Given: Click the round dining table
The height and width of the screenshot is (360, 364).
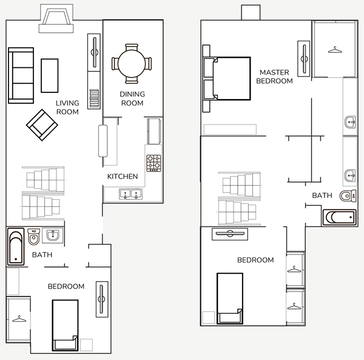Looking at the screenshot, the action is (x=132, y=63).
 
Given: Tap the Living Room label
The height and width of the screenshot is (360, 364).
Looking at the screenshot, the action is (x=67, y=107).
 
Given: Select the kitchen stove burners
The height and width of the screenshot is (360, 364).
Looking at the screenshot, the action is (x=153, y=163).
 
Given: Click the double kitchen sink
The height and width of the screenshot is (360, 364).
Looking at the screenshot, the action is (x=130, y=194).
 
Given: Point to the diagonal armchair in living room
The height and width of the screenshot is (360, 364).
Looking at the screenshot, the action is (x=42, y=125).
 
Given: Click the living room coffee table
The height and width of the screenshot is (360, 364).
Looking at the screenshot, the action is (x=50, y=75).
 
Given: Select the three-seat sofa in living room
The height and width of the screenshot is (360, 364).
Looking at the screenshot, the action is (x=21, y=75).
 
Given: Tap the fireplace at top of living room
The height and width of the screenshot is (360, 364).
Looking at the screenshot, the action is (x=56, y=19).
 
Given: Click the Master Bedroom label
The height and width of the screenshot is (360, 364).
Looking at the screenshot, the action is (x=274, y=76).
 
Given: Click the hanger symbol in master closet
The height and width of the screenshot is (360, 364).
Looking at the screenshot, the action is (x=335, y=50).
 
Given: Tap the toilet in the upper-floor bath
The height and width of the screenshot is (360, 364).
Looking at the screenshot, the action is (x=348, y=196).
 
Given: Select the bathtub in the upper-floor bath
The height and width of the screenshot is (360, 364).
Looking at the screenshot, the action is (x=339, y=217).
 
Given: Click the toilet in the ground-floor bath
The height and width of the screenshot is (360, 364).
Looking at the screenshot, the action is (x=34, y=237).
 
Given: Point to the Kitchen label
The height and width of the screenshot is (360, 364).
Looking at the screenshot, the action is (x=123, y=177).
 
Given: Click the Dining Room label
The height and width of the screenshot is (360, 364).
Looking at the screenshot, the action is (x=132, y=98).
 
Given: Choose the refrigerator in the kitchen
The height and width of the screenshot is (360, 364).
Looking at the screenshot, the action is (x=154, y=131).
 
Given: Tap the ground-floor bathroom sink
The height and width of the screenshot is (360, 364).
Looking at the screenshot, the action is (x=53, y=236).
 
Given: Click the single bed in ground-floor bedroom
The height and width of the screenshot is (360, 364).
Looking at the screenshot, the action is (x=66, y=325).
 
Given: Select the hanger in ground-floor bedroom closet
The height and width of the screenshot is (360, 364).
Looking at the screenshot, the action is (x=19, y=319).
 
